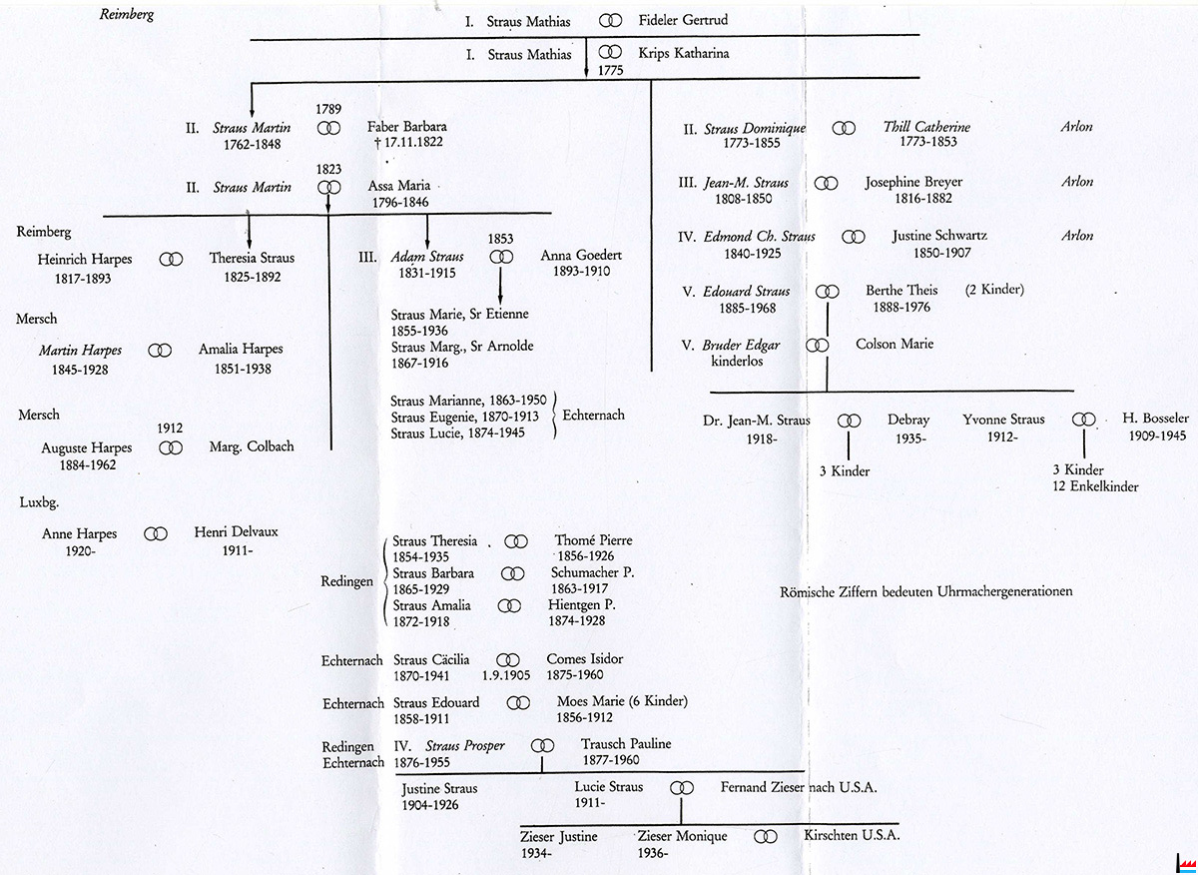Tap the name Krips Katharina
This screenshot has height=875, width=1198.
click(684, 53)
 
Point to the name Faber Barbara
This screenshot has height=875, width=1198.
click(406, 127)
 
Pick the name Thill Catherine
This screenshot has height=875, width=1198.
click(926, 128)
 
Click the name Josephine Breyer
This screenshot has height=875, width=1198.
click(913, 183)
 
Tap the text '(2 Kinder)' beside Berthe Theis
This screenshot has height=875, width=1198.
click(994, 291)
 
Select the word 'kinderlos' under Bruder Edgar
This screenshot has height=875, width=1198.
click(737, 362)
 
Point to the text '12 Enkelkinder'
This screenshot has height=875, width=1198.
click(1095, 486)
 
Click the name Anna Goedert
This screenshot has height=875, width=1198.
click(576, 256)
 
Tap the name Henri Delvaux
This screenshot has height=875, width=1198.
click(236, 532)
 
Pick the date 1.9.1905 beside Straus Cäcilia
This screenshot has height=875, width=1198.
click(509, 676)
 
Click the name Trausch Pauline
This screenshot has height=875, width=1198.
click(626, 744)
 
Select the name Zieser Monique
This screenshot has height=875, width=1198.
click(683, 836)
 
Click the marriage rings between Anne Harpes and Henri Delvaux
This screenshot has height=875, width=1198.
click(156, 534)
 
